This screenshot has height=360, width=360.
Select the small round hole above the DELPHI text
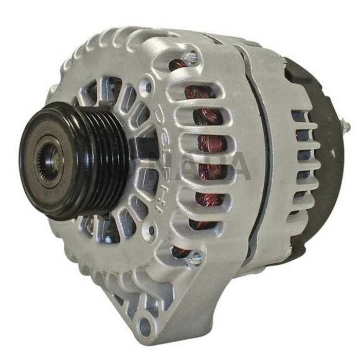coord(149,88)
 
